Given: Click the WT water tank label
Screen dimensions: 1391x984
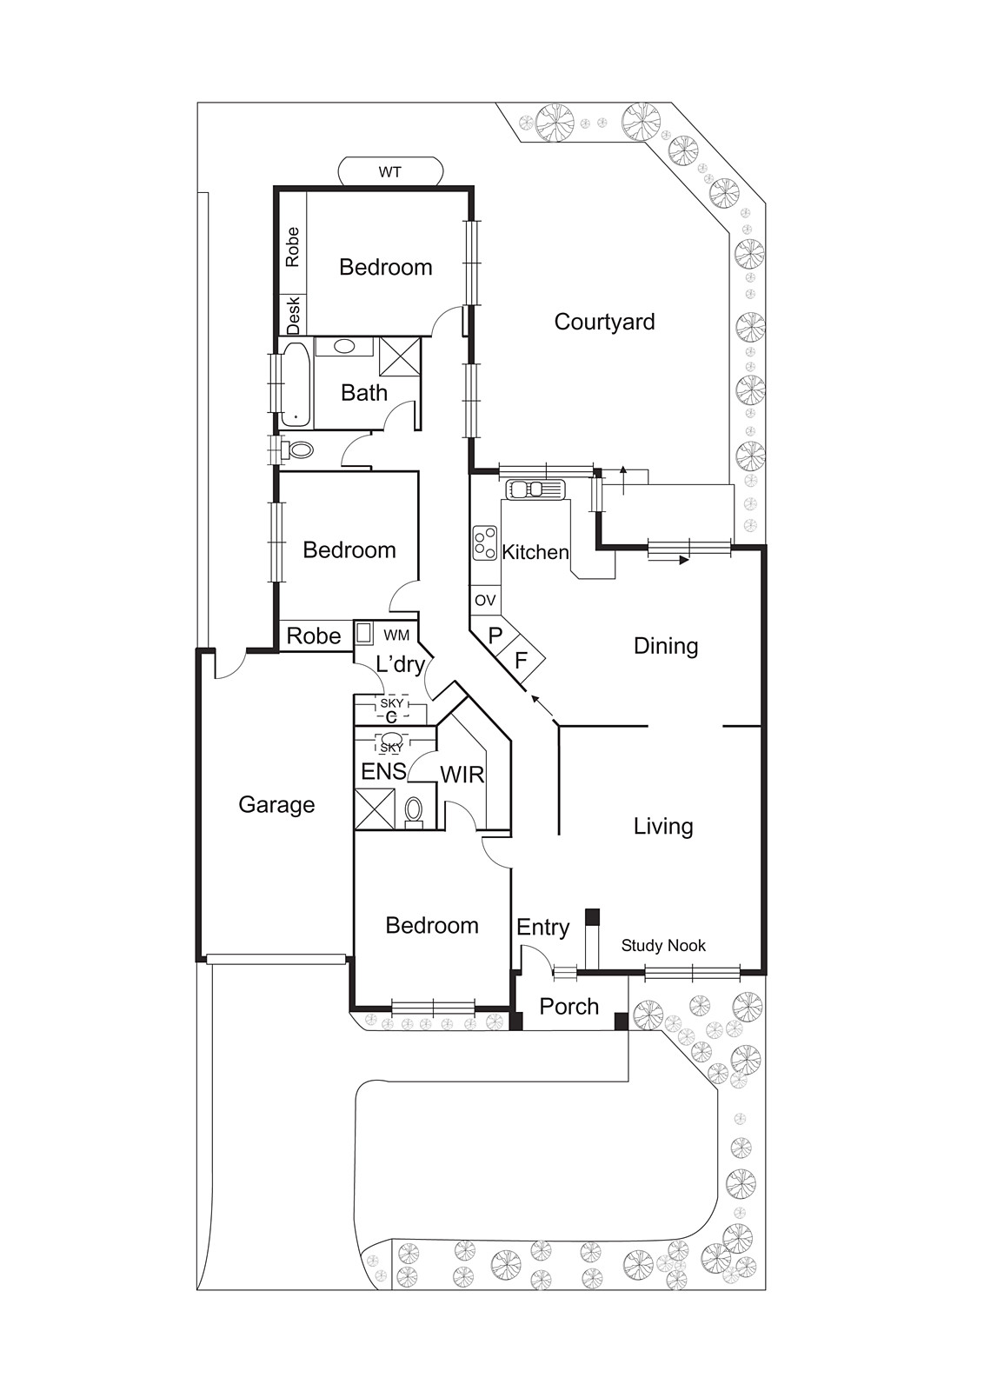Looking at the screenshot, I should pyautogui.click(x=389, y=172).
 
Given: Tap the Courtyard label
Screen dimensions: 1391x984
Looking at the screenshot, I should pyautogui.click(x=604, y=322).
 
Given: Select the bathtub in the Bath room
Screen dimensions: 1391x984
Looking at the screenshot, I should pyautogui.click(x=296, y=384).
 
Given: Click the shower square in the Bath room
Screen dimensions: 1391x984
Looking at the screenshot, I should pyautogui.click(x=400, y=356).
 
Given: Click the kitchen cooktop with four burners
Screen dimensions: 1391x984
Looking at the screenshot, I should pyautogui.click(x=485, y=543).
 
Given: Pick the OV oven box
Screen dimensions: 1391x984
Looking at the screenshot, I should pyautogui.click(x=485, y=600).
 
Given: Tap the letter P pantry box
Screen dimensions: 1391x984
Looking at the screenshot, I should pyautogui.click(x=495, y=636).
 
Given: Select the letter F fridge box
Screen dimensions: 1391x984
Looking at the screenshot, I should pyautogui.click(x=521, y=661).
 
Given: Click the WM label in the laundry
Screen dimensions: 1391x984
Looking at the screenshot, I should pyautogui.click(x=396, y=636).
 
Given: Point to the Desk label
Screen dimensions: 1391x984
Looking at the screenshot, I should pyautogui.click(x=294, y=315).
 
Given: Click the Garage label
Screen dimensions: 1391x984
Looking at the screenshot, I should pyautogui.click(x=276, y=804).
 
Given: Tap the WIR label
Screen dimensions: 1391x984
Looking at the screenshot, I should pyautogui.click(x=462, y=775).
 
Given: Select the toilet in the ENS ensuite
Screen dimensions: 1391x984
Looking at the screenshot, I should pyautogui.click(x=414, y=810).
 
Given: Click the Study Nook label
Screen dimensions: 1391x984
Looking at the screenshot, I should pyautogui.click(x=663, y=945).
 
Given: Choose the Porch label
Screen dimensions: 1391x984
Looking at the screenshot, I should pyautogui.click(x=569, y=1006).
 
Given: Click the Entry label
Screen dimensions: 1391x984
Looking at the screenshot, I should pyautogui.click(x=542, y=927).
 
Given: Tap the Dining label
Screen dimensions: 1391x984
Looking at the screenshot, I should pyautogui.click(x=666, y=646).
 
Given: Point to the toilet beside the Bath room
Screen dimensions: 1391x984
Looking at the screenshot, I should pyautogui.click(x=299, y=450).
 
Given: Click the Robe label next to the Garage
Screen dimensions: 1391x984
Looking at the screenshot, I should pyautogui.click(x=314, y=636).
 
